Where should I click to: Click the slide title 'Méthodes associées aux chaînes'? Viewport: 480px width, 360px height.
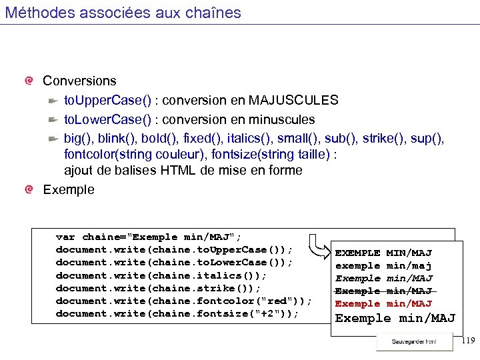click(123, 13)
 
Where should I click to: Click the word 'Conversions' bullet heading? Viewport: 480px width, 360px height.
click(79, 81)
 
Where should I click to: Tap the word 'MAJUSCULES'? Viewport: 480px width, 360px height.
click(293, 101)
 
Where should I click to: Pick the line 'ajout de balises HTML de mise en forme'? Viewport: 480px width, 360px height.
click(183, 171)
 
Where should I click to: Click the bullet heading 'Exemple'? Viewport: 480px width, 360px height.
click(69, 190)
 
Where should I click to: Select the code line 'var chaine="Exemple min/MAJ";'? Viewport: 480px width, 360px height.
click(149, 237)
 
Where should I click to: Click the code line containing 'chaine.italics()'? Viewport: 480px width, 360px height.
click(161, 275)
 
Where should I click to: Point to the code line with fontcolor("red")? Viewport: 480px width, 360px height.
click(184, 301)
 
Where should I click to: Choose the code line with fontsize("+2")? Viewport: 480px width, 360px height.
click(177, 313)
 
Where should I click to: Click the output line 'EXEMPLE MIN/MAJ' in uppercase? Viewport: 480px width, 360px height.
click(383, 253)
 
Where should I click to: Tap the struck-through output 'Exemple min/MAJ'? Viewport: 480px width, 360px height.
click(384, 291)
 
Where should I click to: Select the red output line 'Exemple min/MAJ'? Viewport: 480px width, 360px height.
click(384, 304)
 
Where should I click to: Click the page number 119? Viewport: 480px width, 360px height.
click(467, 341)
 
